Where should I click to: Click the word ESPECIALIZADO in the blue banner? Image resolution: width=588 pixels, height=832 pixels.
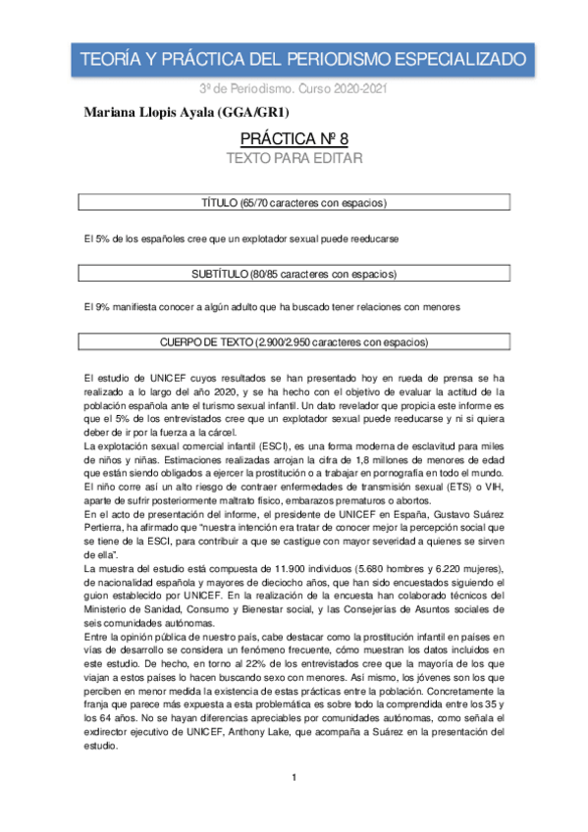(x=458, y=61)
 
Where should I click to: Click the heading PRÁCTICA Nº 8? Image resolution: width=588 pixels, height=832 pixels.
(x=294, y=139)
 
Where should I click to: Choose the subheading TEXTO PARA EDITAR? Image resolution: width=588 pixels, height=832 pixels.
(x=294, y=158)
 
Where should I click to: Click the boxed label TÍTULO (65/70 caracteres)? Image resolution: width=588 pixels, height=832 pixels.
(x=294, y=202)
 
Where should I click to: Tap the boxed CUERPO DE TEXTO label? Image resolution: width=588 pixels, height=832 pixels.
(x=294, y=343)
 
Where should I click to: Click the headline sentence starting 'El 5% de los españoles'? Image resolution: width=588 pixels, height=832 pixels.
(x=241, y=238)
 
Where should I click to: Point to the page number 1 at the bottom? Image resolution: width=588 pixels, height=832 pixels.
(x=294, y=806)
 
